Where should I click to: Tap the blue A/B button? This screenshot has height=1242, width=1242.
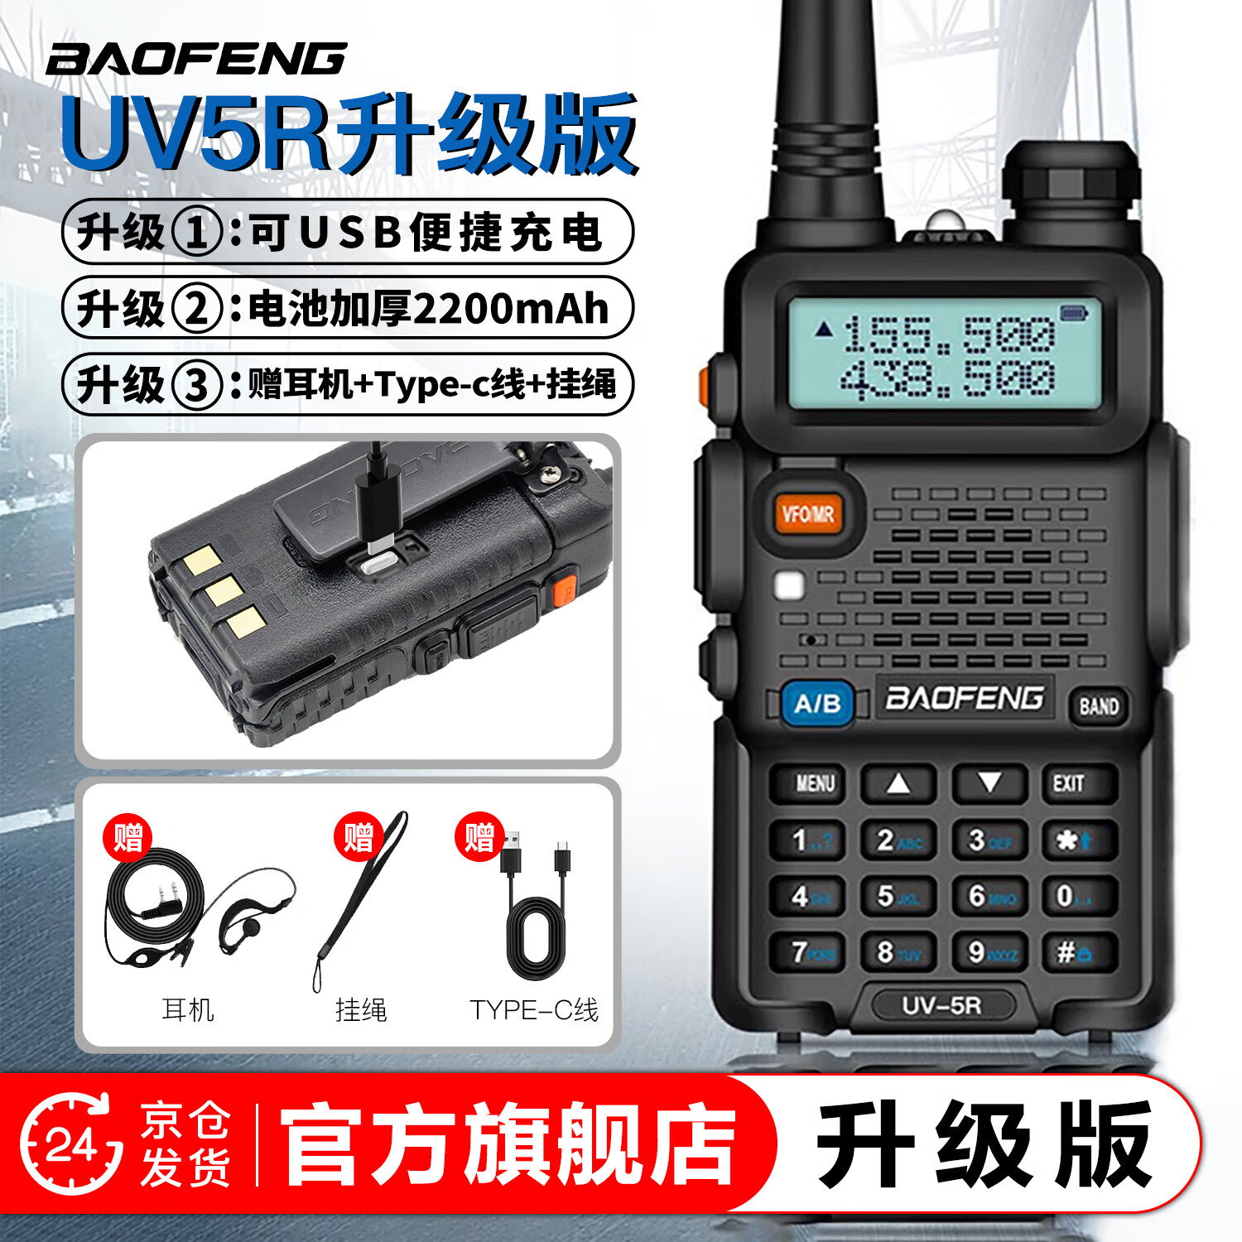coord(817,704)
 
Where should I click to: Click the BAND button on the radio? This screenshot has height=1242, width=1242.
coord(1098,706)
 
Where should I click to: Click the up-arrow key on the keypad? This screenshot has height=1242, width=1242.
coord(898,783)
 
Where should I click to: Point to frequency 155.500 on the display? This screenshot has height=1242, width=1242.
coord(948,335)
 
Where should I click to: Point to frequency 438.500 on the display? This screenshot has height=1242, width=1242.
coord(948,379)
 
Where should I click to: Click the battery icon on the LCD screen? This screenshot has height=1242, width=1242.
coord(1073,313)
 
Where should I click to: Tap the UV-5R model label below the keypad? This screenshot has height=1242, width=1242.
coord(941,1006)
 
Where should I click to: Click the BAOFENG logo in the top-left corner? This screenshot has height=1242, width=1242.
coord(196,60)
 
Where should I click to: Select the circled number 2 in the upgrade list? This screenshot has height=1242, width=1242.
coord(196,309)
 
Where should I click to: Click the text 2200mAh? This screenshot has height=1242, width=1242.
coord(510,309)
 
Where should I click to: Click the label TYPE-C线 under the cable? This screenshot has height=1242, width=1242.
coord(534,1010)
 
